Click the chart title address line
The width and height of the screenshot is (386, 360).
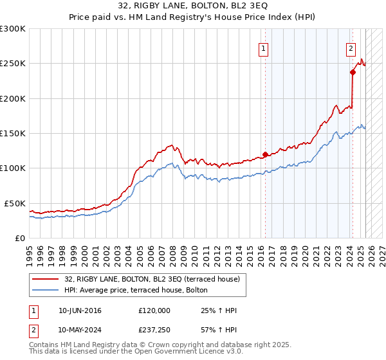(193, 4)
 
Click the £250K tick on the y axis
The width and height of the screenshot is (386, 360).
(13, 64)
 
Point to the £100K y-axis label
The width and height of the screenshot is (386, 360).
(13, 168)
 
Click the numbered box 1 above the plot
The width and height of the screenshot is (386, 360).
(264, 47)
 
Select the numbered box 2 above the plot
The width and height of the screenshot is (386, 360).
(351, 47)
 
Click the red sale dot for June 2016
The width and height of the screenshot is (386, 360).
(265, 154)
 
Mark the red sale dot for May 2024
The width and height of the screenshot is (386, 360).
(353, 73)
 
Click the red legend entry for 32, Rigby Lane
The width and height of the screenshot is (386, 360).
(152, 278)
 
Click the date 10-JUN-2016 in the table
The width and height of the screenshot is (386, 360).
(80, 310)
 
